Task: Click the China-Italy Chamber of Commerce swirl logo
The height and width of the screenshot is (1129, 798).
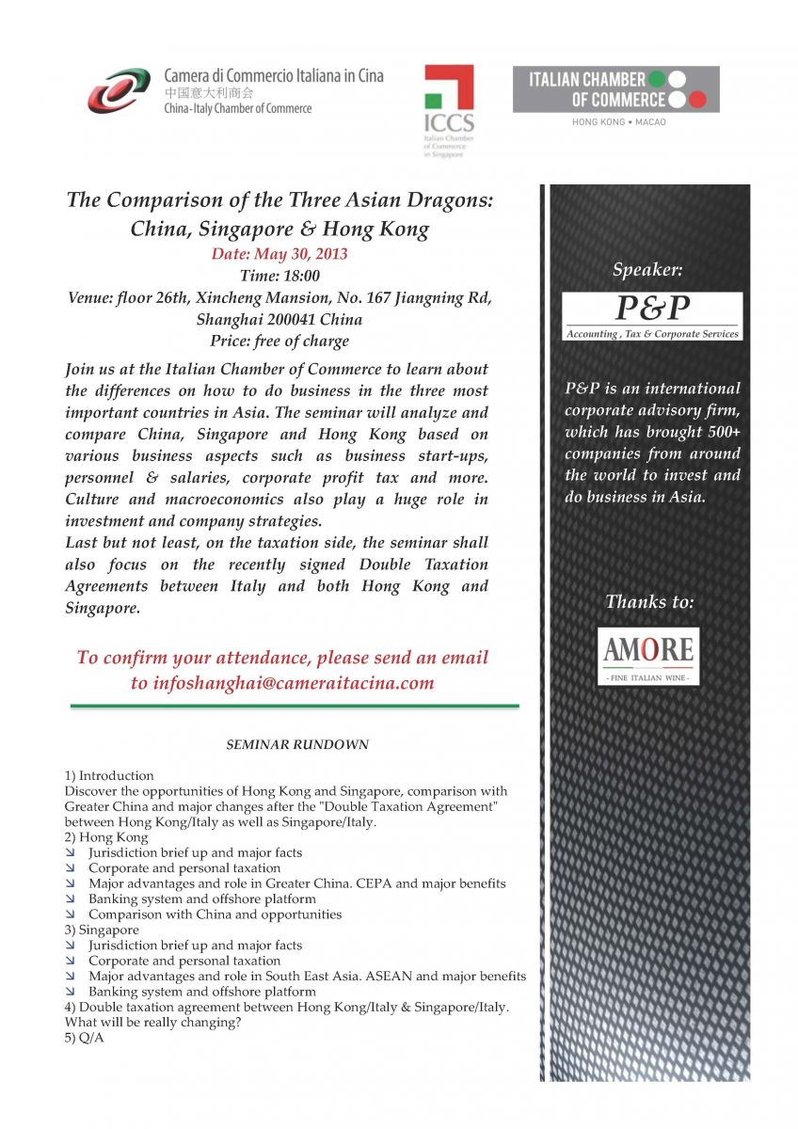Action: click(x=119, y=90)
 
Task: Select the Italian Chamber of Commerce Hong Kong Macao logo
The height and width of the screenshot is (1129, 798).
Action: click(x=615, y=90)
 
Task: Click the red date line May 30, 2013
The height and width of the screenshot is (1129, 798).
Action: click(x=279, y=254)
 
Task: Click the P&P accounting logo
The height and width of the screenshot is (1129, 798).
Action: click(x=651, y=316)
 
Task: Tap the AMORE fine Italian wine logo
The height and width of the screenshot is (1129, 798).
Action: click(x=648, y=656)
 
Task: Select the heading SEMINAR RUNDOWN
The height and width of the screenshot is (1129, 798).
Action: click(x=297, y=744)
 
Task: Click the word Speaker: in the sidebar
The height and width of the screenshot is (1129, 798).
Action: click(x=647, y=270)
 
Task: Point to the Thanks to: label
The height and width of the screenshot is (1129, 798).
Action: click(x=649, y=601)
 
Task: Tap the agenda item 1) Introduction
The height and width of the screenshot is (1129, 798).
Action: click(x=109, y=775)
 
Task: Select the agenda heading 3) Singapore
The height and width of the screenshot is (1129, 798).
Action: click(x=102, y=930)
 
